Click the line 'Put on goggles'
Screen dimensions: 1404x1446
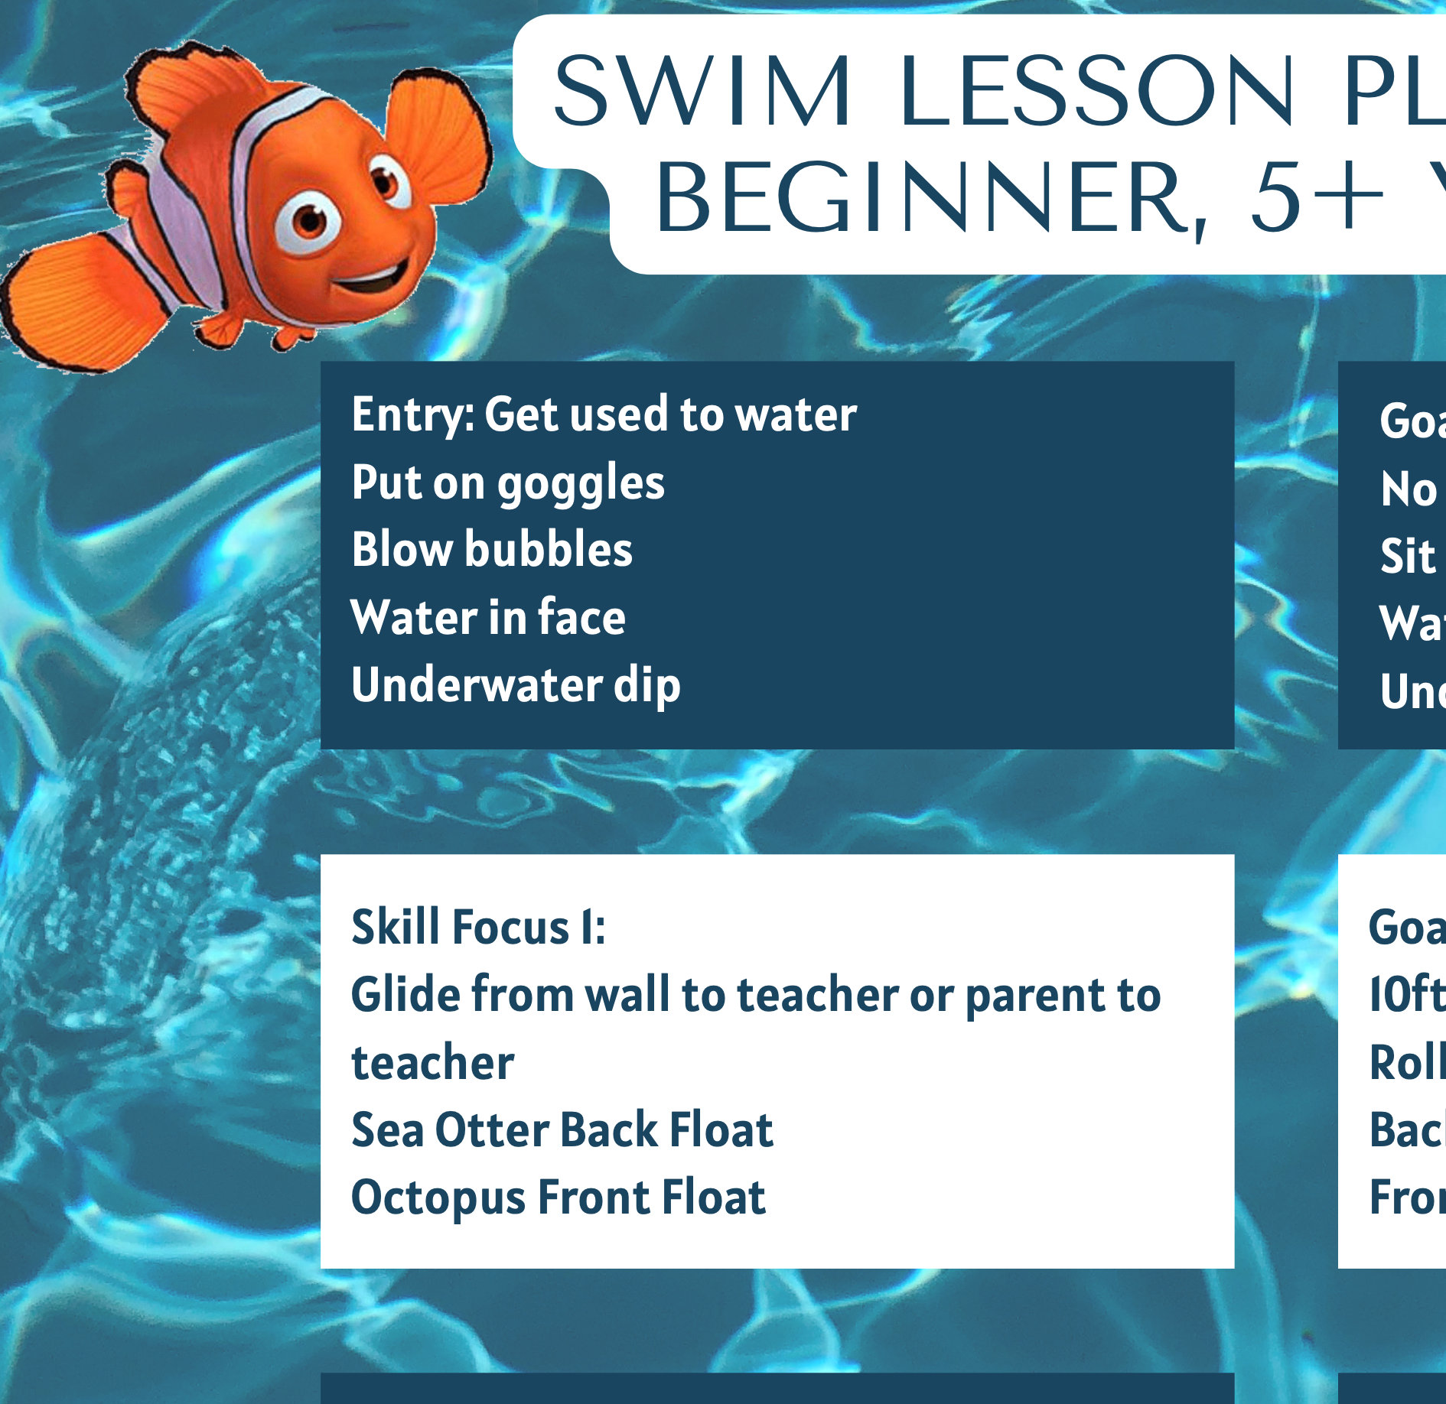(508, 483)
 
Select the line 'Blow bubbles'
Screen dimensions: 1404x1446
(492, 550)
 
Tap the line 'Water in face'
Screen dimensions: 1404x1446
(488, 617)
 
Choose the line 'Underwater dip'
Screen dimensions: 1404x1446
(516, 684)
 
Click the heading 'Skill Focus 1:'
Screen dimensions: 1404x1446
(478, 927)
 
